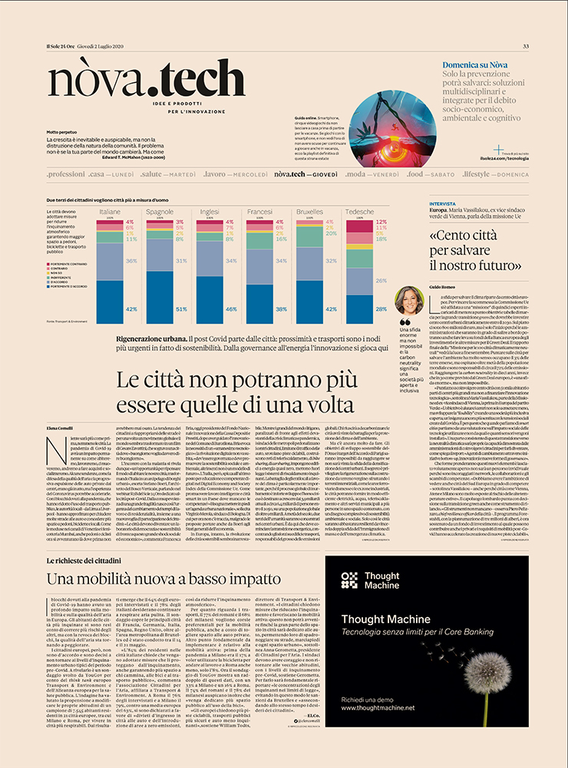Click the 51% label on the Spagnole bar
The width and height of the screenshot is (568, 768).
coord(181,309)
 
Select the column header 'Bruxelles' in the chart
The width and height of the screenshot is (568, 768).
coord(309,211)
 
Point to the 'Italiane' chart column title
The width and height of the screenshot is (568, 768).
coord(110,211)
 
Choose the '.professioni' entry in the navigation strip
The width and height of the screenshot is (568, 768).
coord(65,175)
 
